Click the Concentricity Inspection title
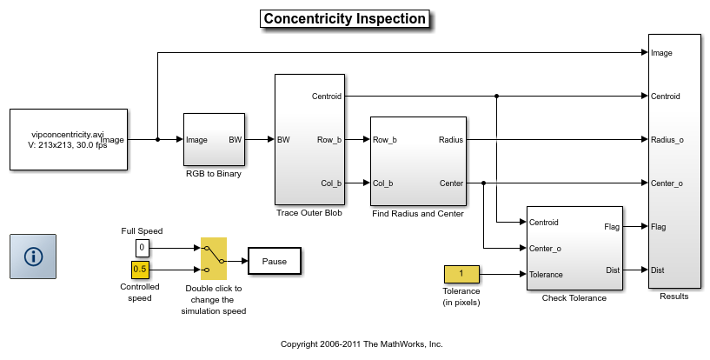tap(345, 18)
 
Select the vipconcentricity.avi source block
tap(69, 139)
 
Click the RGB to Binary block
tap(214, 139)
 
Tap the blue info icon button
tap(33, 256)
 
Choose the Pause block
tap(275, 260)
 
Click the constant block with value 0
tap(142, 248)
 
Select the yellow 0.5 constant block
tap(140, 269)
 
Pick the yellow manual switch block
tap(214, 258)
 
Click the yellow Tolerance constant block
tap(461, 275)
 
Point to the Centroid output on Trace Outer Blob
tap(327, 96)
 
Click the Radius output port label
tap(451, 139)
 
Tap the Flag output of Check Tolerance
tap(611, 227)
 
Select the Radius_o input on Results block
tap(667, 139)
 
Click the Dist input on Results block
tap(659, 270)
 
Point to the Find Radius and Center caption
tap(417, 214)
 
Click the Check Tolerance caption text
tap(574, 298)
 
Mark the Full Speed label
tap(142, 231)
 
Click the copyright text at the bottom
tap(362, 343)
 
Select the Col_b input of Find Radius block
tap(383, 183)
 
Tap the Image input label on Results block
tap(662, 53)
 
